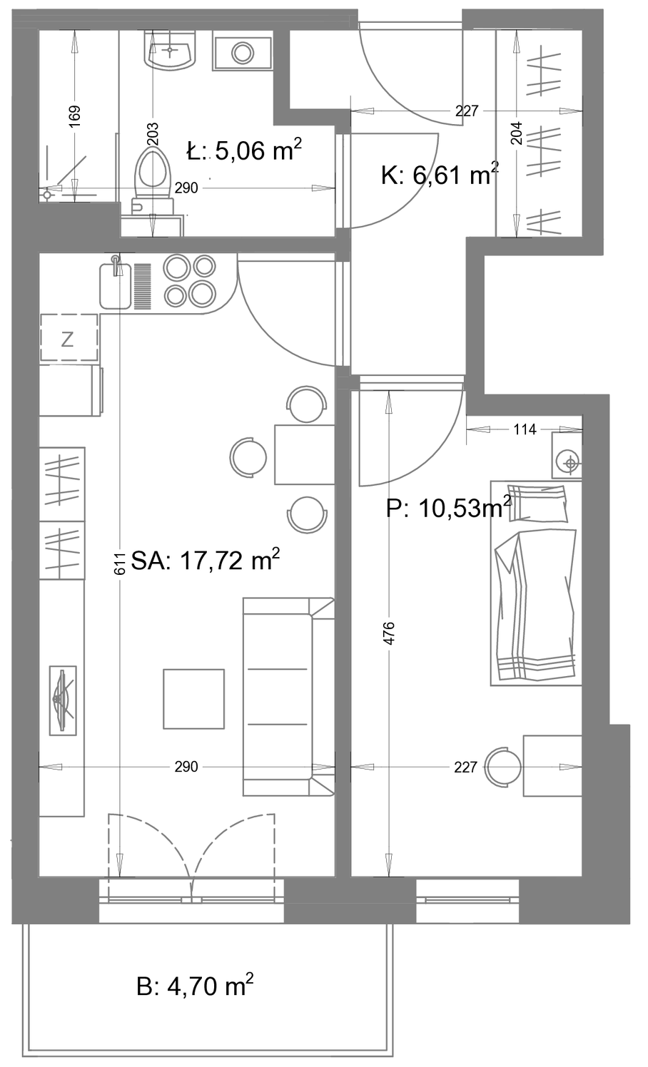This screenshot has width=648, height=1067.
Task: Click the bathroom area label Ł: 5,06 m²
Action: pos(244,150)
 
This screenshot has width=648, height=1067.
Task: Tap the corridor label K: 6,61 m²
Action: pos(440,174)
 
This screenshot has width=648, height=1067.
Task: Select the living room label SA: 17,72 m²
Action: pos(205,560)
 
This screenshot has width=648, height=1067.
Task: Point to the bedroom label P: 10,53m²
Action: pos(449,508)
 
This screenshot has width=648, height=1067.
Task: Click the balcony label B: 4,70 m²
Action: pos(195,986)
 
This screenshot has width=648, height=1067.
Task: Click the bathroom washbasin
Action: pos(170,51)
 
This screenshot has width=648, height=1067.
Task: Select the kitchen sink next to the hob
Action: pos(116,285)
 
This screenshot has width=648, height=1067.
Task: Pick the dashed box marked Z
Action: pos(69,337)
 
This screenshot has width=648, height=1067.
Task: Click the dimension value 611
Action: pos(120,563)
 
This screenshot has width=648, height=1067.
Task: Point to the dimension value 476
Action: pos(389,633)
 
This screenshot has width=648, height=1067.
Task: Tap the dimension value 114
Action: pos(525,429)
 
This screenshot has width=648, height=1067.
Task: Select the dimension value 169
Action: pos(75,116)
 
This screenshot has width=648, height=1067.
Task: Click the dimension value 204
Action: pos(517,133)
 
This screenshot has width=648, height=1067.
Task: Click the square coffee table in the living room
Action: pos(193,699)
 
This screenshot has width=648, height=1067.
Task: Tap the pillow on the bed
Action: pos(537,503)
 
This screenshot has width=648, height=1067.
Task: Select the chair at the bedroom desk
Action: pos(503,767)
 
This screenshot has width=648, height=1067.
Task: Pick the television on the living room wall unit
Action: pos(63,700)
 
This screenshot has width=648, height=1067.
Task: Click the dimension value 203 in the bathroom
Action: pos(153,134)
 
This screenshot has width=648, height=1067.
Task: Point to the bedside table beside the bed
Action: pos(567,455)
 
